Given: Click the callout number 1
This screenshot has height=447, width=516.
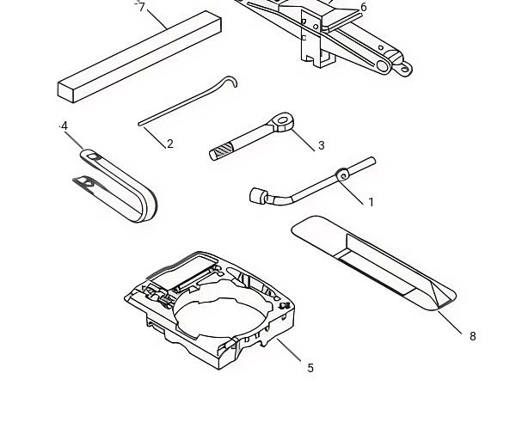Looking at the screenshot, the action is coord(372,202).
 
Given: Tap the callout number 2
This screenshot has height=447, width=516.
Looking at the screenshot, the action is coord(169,144).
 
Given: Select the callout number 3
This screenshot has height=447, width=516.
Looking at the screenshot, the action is coord(321,145).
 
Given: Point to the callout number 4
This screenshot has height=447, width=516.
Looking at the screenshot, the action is coord(64,126).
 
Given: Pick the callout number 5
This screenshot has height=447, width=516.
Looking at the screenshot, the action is coord(310,368).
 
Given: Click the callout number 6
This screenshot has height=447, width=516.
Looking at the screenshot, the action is coord(363,7).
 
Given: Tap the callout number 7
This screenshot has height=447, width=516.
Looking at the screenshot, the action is coord(142,7).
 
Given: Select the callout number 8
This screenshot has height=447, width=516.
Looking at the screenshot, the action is coord(472,336).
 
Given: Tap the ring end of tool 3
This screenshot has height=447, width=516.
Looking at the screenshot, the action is coord(282,121).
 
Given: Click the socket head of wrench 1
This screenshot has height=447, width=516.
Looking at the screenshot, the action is coord(257,196).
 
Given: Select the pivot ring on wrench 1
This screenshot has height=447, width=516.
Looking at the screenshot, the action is coord(343,175).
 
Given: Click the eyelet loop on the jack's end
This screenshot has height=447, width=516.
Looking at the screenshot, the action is coord(405,69).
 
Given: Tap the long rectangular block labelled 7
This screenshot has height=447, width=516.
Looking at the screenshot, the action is coord(139,57).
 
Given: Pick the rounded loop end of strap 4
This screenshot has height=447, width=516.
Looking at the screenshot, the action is coord(148,207).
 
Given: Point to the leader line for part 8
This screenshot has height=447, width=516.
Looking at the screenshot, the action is coord(450,322).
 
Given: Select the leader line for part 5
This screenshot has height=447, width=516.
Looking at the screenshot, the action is coord(289,350).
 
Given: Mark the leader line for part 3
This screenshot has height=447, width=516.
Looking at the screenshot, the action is coord(303,140).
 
